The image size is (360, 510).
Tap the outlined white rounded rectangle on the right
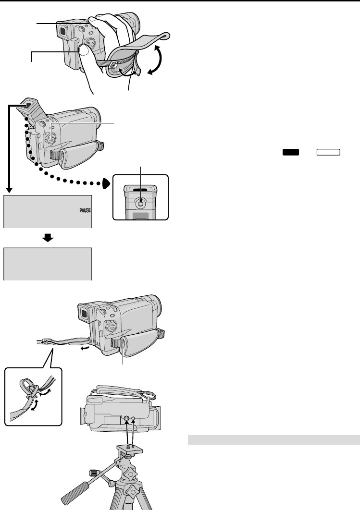328,152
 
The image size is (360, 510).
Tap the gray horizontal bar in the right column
273,439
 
